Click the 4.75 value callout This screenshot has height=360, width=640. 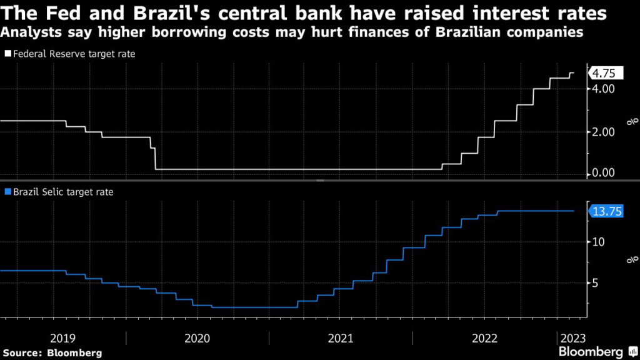pos(604,74)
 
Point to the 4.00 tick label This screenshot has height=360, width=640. pos(604,89)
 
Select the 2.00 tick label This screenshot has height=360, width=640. pos(604,132)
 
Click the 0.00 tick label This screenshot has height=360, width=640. pos(604,172)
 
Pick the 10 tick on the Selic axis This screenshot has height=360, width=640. pos(599,241)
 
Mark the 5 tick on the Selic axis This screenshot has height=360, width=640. pos(596,283)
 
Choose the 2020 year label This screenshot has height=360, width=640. pos(197,338)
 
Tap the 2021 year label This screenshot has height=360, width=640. pos(341,338)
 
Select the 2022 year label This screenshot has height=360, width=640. pos(484,338)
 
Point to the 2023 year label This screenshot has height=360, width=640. pos(572,338)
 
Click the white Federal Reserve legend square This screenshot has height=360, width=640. pos(7,54)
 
